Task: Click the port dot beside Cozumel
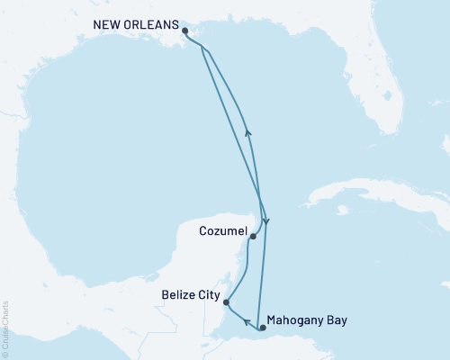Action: (254, 237)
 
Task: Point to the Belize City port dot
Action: (226, 302)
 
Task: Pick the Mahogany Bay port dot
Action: (262, 328)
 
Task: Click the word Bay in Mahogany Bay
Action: (336, 319)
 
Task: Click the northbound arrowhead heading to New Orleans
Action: (248, 132)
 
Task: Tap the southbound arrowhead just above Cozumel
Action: (265, 220)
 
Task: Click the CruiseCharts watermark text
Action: (4, 328)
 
